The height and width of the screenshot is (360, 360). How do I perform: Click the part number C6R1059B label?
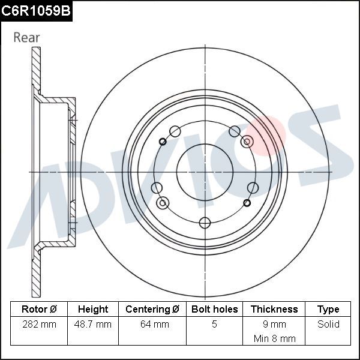pyautogui.click(x=36, y=10)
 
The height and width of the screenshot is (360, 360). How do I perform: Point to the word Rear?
pyautogui.click(x=27, y=37)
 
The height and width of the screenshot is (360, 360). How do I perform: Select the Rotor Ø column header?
pyautogui.click(x=38, y=309)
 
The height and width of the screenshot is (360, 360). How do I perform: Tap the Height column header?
pyautogui.click(x=93, y=309)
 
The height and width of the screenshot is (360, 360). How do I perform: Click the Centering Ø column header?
pyautogui.click(x=152, y=309)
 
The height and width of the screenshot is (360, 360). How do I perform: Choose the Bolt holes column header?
pyautogui.click(x=214, y=309)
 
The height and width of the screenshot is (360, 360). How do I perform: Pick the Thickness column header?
pyautogui.click(x=274, y=309)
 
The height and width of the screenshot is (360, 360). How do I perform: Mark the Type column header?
pyautogui.click(x=328, y=309)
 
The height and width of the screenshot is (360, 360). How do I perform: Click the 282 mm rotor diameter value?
pyautogui.click(x=38, y=324)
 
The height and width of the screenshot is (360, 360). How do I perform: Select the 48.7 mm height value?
pyautogui.click(x=93, y=324)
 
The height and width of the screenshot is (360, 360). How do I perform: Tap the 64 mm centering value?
pyautogui.click(x=152, y=324)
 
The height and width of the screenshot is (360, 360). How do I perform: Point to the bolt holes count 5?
pyautogui.click(x=214, y=324)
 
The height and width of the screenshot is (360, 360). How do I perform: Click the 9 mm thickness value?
pyautogui.click(x=274, y=324)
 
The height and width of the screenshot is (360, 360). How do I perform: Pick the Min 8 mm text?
pyautogui.click(x=274, y=338)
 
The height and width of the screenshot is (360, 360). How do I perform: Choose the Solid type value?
pyautogui.click(x=328, y=324)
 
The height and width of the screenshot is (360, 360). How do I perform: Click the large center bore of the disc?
pyautogui.click(x=205, y=172)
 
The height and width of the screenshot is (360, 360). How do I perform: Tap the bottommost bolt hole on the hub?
pyautogui.click(x=205, y=223)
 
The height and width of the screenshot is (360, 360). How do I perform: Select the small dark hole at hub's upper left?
pyautogui.click(x=163, y=142)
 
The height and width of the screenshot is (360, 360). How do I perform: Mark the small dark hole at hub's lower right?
pyautogui.click(x=247, y=203)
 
